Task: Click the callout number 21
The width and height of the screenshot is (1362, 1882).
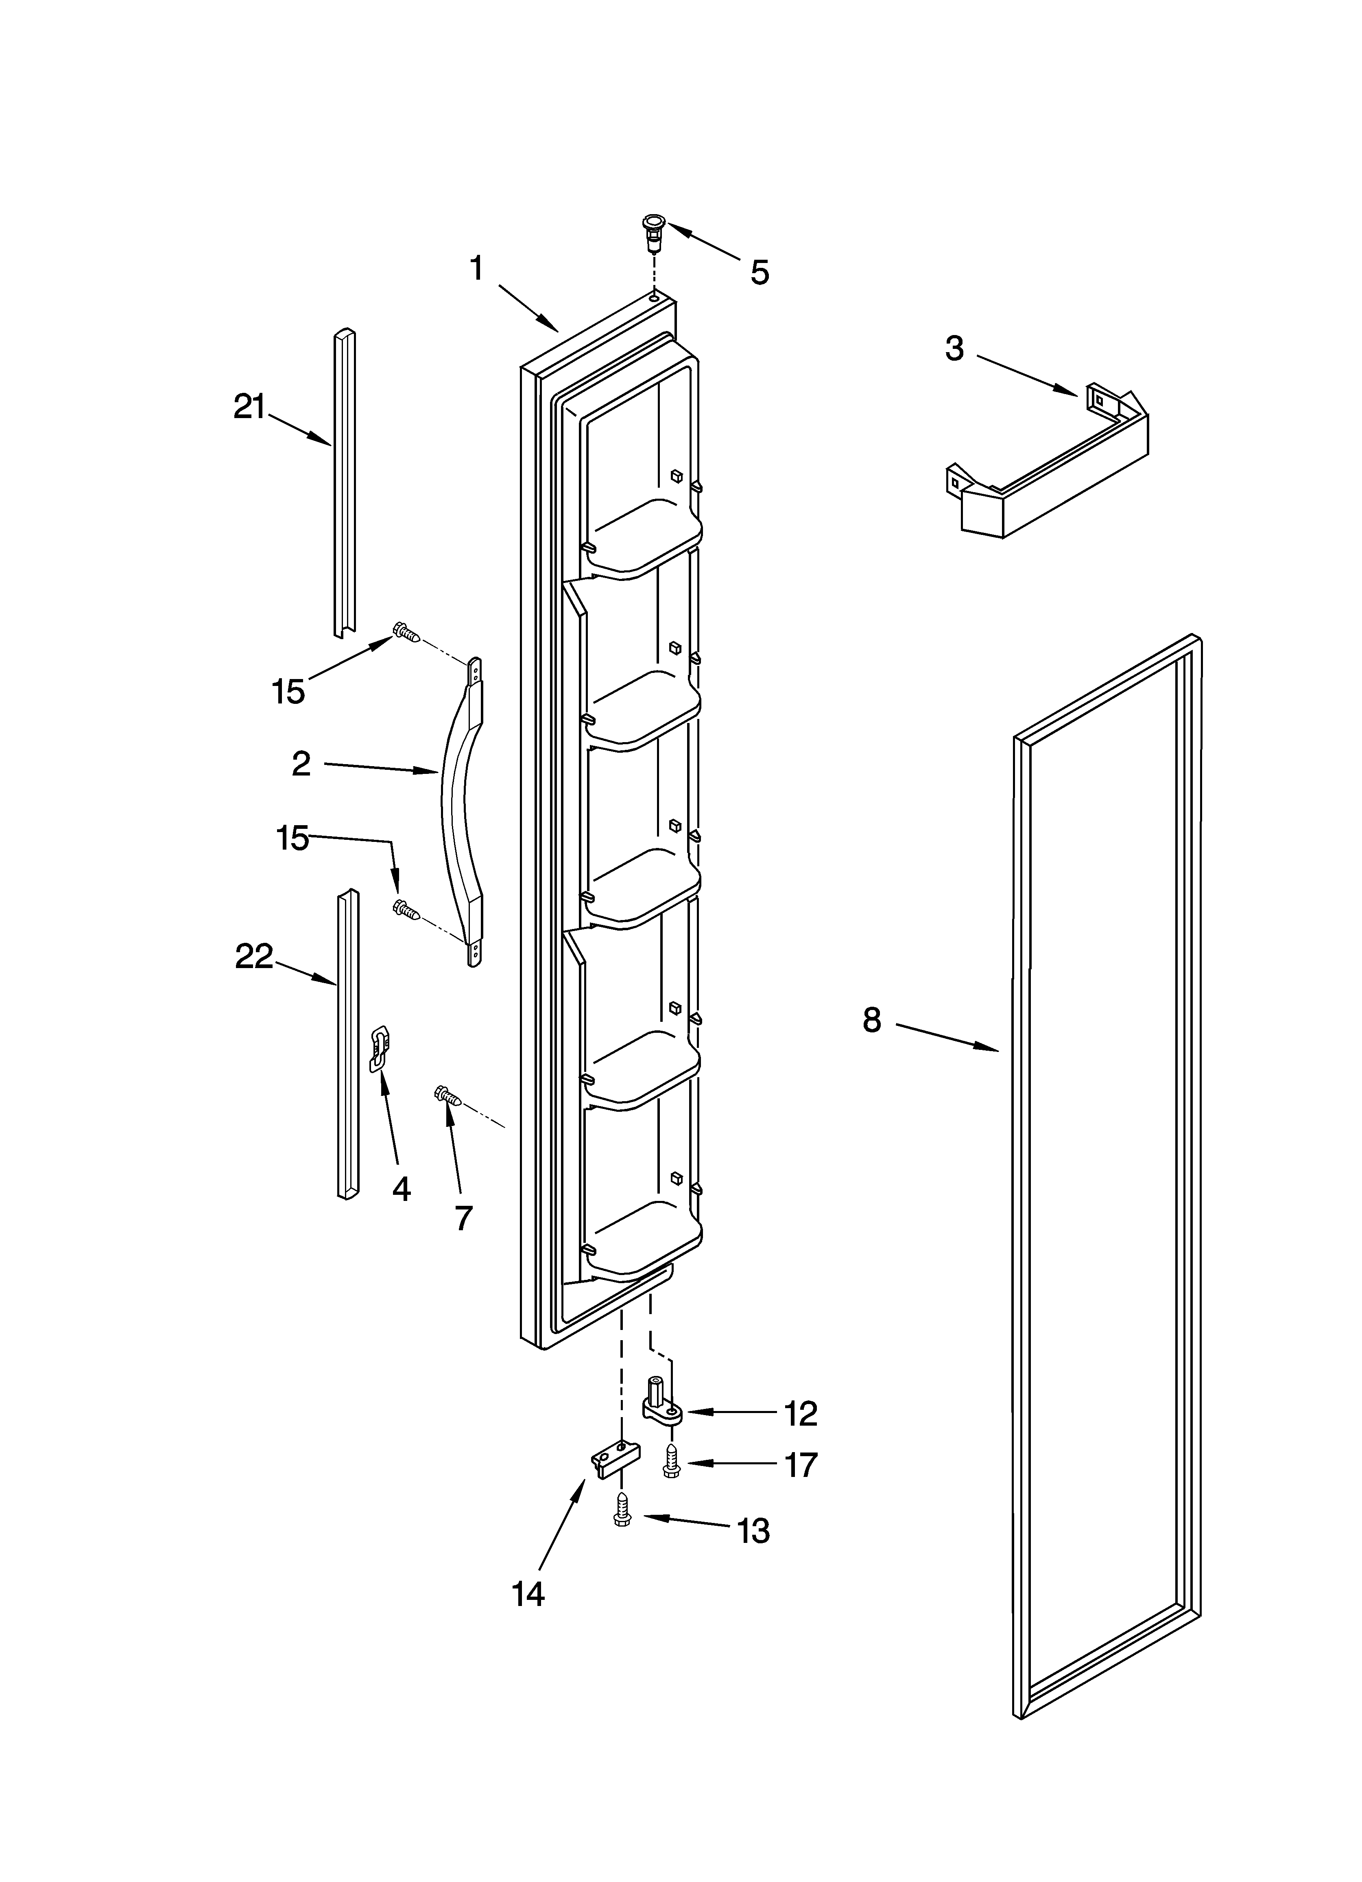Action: [249, 408]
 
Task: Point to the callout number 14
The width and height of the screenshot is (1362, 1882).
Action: [528, 1594]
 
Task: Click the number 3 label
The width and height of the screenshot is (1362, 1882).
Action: [955, 348]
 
